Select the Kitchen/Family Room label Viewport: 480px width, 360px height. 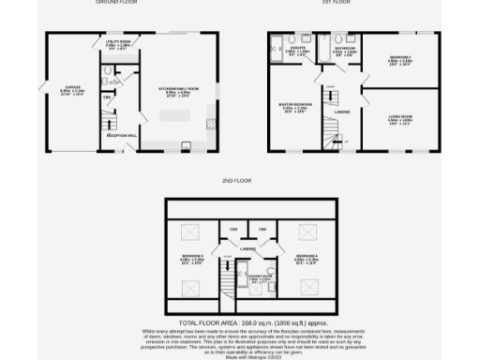click(x=177, y=92)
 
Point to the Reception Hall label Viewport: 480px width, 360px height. click(x=121, y=136)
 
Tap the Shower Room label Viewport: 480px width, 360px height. click(x=259, y=277)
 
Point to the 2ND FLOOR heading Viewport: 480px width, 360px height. click(x=239, y=178)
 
